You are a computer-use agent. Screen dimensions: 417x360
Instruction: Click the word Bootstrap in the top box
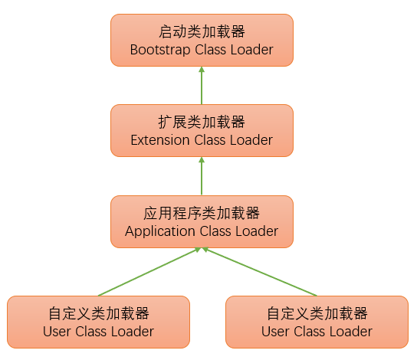(160, 50)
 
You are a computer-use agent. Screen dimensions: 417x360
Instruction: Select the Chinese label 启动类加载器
(202, 31)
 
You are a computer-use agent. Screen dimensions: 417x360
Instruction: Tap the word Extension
(160, 140)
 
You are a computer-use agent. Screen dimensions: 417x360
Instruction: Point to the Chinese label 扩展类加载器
(202, 122)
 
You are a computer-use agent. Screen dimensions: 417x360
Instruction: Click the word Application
(160, 231)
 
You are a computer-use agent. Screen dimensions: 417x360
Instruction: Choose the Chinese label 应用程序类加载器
(202, 213)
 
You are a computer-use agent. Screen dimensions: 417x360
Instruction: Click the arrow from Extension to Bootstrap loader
(202, 85)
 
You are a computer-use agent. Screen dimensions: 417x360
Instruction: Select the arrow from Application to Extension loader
(202, 176)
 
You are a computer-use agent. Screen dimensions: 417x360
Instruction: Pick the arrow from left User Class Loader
(149, 272)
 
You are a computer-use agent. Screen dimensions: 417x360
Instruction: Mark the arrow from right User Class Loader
(260, 272)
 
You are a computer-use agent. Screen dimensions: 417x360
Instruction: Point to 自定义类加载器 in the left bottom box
(99, 313)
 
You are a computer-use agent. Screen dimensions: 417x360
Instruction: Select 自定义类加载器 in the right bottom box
(317, 313)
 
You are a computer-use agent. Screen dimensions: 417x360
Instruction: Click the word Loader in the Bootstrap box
(252, 50)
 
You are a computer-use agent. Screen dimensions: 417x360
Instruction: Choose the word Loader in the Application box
(257, 231)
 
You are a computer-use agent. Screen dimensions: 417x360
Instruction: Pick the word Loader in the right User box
(351, 332)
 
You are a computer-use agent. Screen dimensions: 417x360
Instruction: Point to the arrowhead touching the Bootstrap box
(202, 70)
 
